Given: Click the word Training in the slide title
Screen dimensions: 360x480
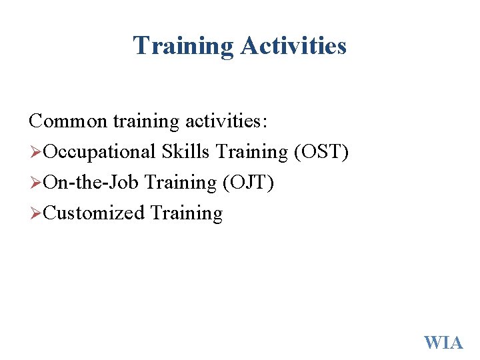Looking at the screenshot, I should click(183, 46).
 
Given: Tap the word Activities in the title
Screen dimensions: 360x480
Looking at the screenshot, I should click(293, 46).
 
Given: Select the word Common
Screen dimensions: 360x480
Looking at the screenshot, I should click(67, 121).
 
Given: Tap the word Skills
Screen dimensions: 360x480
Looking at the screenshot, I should click(185, 152).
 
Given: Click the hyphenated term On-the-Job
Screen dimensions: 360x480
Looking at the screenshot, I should click(91, 183).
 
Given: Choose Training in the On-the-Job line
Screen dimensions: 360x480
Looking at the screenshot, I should click(181, 183).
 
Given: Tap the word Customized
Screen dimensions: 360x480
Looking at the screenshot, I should click(94, 213).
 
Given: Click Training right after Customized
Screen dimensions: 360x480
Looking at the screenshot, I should click(187, 213).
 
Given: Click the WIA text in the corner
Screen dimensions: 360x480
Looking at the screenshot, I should click(443, 343).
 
